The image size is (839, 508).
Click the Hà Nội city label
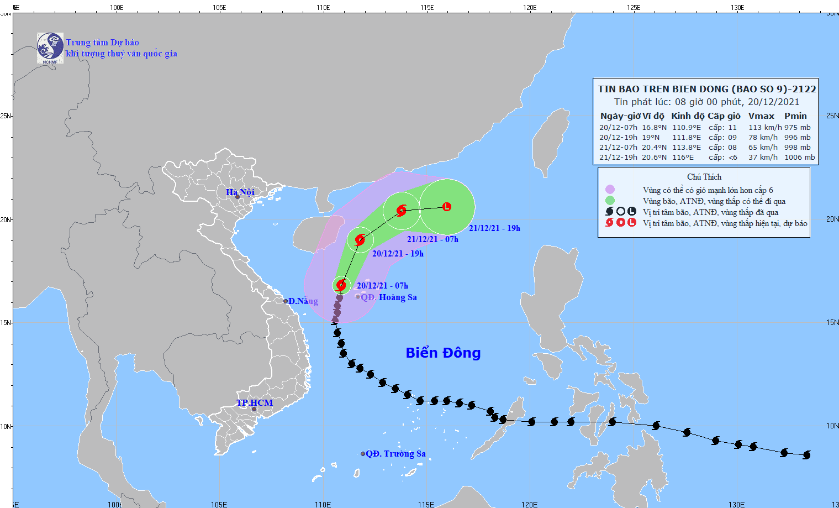[x=240, y=192]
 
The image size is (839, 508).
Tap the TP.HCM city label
[x=255, y=402]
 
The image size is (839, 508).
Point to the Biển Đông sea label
[x=443, y=353]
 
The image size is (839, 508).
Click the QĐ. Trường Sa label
[x=395, y=453]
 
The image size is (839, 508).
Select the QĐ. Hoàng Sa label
[x=389, y=297]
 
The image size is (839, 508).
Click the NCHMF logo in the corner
[x=50, y=48]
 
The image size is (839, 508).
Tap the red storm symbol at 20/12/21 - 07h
[x=341, y=285]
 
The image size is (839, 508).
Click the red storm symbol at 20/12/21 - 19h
[x=360, y=240]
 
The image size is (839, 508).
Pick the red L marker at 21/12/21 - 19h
[x=447, y=207]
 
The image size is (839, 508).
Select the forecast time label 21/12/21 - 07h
[x=432, y=239]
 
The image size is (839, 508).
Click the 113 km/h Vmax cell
[x=765, y=127]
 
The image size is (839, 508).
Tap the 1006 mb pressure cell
[x=799, y=157]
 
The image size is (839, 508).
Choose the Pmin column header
[x=795, y=116]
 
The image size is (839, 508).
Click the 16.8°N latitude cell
[x=654, y=127]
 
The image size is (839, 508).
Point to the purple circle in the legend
[x=610, y=190]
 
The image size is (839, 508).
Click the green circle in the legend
[x=610, y=201]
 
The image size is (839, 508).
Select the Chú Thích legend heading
[x=704, y=177]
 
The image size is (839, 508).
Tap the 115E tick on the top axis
[x=426, y=7]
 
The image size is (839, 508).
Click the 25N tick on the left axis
[x=6, y=116]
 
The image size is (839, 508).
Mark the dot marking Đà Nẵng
[x=286, y=301]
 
